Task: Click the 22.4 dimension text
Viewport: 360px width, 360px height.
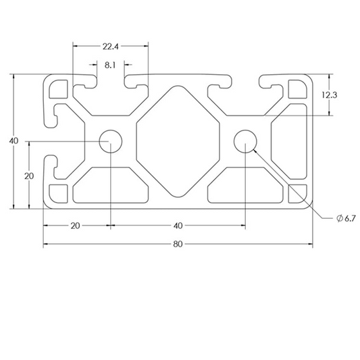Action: click(111, 47)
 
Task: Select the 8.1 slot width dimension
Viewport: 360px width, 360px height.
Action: click(111, 66)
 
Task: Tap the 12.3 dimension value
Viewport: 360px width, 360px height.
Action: click(329, 95)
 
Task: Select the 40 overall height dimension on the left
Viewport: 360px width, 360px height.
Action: click(13, 141)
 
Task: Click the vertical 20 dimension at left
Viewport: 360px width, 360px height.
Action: click(29, 176)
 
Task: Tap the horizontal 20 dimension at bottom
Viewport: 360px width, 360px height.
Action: click(76, 225)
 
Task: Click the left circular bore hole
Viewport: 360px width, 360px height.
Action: click(109, 141)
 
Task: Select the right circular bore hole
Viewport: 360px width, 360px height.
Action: click(244, 141)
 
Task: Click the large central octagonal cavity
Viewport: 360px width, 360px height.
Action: click(178, 141)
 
